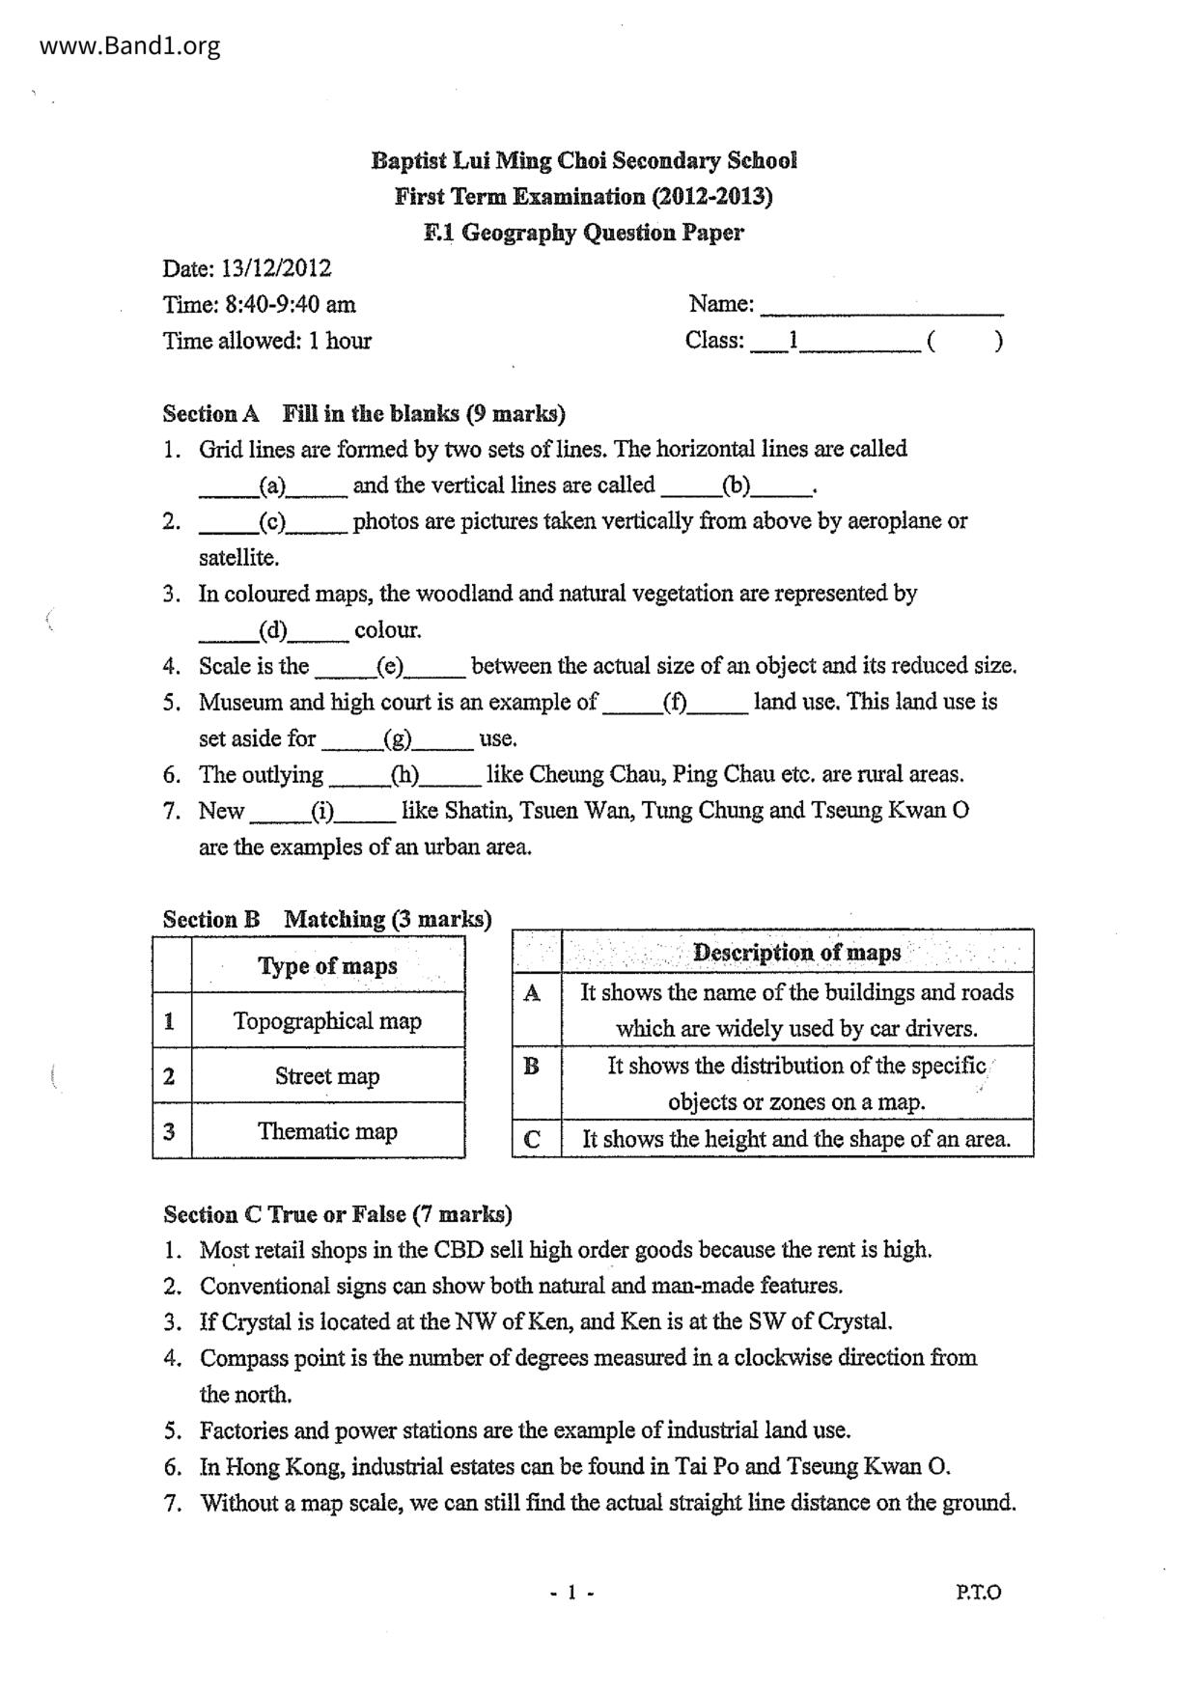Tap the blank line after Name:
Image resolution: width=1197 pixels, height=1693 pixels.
click(x=881, y=307)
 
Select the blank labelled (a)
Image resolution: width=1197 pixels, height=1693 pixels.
click(x=272, y=486)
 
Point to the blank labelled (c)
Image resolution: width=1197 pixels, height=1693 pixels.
click(x=272, y=522)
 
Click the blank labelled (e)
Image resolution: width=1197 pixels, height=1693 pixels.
click(x=390, y=667)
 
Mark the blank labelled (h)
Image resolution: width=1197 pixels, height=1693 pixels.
click(x=404, y=775)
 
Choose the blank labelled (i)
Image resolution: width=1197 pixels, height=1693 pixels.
click(x=322, y=812)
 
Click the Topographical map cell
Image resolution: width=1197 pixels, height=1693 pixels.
click(x=327, y=1021)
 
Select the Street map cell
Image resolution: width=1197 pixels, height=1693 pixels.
click(x=327, y=1076)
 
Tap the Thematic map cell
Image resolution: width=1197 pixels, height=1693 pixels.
click(x=327, y=1131)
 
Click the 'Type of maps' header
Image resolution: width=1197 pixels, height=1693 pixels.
click(x=327, y=966)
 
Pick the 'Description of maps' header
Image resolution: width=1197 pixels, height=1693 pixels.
click(x=796, y=953)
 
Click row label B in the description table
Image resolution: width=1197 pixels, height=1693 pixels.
click(x=532, y=1067)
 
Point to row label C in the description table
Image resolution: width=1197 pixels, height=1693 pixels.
click(x=532, y=1140)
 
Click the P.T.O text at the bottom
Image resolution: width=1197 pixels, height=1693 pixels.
click(x=979, y=1593)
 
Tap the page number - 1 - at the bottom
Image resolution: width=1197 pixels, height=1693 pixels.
click(x=571, y=1593)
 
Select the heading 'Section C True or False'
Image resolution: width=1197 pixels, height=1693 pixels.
click(x=337, y=1214)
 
